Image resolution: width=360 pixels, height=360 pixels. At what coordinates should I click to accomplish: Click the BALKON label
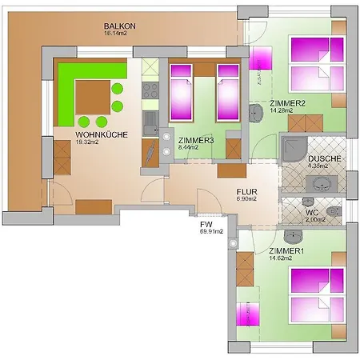click(120, 26)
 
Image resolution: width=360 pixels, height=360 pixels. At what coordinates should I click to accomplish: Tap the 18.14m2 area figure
click(117, 34)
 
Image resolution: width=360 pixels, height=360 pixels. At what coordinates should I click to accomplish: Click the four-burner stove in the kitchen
click(149, 98)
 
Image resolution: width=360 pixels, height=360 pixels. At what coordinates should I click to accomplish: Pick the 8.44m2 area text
click(191, 147)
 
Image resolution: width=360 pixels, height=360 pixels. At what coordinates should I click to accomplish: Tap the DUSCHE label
click(324, 158)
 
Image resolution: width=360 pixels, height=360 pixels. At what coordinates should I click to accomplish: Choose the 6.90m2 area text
click(245, 200)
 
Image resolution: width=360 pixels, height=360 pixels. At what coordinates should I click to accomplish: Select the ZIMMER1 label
click(286, 251)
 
